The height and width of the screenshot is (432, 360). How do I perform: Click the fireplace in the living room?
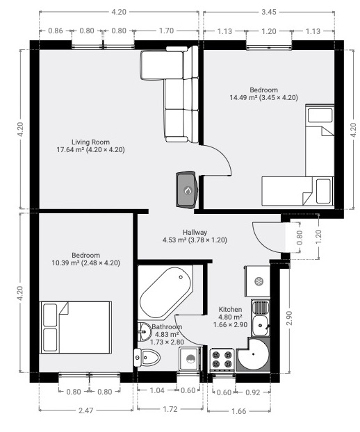(187, 190)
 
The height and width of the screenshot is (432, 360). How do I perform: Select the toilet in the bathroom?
(147, 358)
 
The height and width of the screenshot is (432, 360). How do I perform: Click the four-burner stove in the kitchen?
(222, 359)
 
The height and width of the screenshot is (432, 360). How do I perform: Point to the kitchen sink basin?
(260, 325)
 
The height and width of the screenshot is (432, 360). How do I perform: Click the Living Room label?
(90, 142)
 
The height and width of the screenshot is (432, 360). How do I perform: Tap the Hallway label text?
(195, 232)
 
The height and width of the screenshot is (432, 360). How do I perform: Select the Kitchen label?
(231, 309)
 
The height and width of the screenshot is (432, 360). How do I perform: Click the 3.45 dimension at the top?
(269, 12)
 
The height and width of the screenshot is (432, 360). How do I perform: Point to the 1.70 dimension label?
(166, 31)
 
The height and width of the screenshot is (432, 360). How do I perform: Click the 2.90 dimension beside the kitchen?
(289, 318)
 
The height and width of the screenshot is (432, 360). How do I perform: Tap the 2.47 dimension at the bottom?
(85, 410)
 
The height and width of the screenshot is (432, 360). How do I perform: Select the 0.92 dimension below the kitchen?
(253, 392)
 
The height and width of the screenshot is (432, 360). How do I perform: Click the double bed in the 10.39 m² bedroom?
(76, 327)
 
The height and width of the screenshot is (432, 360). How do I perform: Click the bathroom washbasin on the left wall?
(145, 331)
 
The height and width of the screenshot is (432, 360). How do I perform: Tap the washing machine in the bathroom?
(190, 358)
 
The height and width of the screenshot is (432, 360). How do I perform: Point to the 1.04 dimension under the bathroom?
(157, 390)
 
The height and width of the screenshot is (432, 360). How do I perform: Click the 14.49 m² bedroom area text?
(264, 98)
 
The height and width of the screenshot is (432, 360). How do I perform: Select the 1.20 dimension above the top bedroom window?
(269, 31)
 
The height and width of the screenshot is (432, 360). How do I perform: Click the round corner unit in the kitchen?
(253, 354)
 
